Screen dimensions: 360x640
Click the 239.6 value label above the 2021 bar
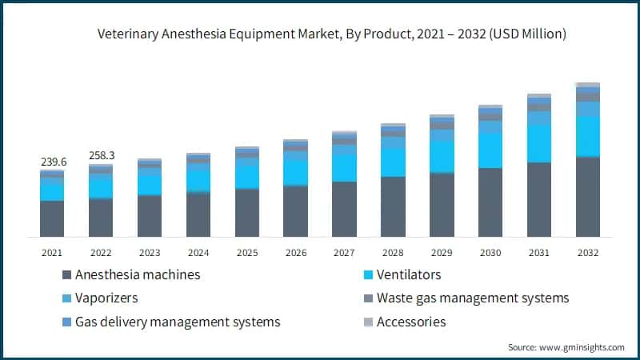point(54,162)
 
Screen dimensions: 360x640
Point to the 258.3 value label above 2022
point(102,154)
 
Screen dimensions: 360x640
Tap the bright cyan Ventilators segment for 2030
point(490,150)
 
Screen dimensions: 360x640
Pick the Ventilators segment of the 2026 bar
point(295,171)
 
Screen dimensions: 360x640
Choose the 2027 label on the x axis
point(344,252)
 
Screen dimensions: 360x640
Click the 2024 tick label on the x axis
point(198,252)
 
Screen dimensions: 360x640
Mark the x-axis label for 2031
point(539,252)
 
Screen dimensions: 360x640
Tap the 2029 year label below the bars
point(442,252)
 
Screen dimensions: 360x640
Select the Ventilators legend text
point(409,274)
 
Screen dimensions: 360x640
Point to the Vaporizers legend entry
point(106,298)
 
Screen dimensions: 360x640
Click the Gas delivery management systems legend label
point(178,322)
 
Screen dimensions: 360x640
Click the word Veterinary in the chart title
point(127,34)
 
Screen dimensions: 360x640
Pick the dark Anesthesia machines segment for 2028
point(393,206)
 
